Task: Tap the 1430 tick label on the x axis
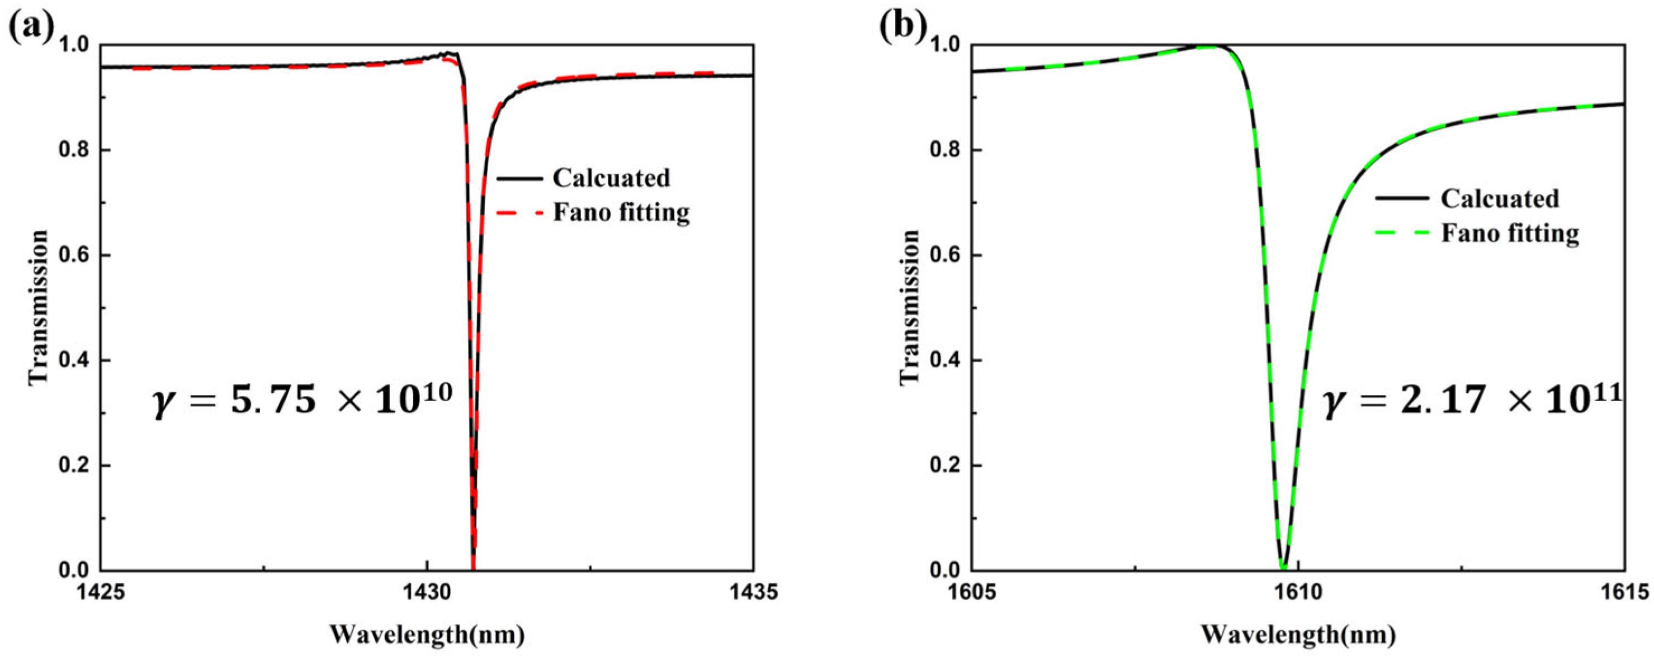pos(427,591)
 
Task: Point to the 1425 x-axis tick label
pos(101,591)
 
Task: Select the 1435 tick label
pos(753,591)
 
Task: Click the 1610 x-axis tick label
pos(1298,591)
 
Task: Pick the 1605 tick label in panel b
pos(971,591)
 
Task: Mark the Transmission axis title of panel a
pos(39,307)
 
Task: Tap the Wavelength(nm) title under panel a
pos(428,635)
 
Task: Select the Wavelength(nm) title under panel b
pos(1298,635)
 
